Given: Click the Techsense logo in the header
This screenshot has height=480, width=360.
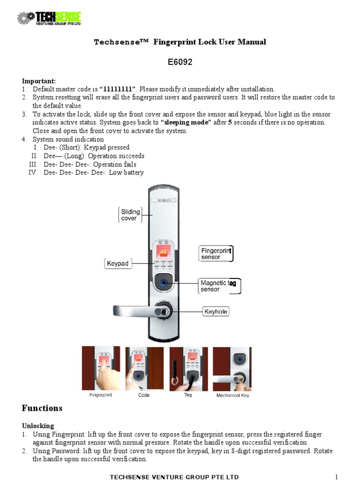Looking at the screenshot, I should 49,18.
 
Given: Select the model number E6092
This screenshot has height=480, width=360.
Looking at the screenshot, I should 180,62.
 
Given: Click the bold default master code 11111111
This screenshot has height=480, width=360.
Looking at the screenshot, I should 118,89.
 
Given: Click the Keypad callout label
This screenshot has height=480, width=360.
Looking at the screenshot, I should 117,264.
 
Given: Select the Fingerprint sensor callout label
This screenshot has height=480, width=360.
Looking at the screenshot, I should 216,254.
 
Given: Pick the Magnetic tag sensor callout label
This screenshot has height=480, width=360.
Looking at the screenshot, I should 219,286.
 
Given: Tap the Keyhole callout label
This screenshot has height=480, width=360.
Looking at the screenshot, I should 216,311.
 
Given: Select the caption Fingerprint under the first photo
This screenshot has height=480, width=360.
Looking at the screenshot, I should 101,395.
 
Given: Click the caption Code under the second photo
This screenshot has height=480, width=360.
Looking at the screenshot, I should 144,395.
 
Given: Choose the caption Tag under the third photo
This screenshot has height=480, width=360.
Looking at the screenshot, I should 188,395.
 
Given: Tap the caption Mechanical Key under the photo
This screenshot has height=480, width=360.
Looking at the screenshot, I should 232,396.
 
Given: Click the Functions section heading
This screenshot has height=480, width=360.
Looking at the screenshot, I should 42,408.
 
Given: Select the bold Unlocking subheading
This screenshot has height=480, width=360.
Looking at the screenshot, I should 38,426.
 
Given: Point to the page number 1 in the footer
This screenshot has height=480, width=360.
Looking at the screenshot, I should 336,477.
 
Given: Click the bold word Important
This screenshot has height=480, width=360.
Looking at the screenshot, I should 39,81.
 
